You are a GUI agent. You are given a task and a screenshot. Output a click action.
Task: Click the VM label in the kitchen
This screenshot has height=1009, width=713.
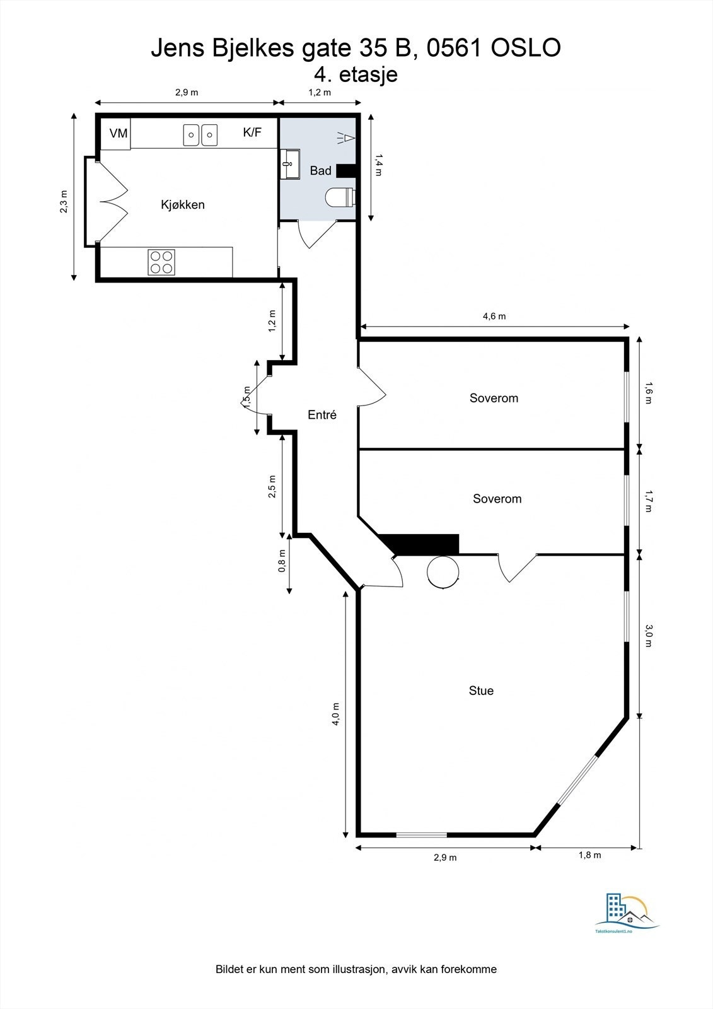(x=119, y=134)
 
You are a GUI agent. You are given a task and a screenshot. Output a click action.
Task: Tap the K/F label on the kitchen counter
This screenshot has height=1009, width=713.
(x=252, y=132)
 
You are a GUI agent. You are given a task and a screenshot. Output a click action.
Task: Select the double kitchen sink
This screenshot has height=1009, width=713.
(x=200, y=134)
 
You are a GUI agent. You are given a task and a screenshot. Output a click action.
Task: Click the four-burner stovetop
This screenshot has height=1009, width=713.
(x=161, y=262)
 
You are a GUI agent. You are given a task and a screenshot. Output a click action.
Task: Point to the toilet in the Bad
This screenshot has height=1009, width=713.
(x=340, y=198)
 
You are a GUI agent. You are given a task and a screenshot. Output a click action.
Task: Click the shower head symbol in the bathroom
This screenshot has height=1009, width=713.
(x=345, y=137)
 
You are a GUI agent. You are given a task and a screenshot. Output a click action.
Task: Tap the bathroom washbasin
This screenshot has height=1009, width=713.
(x=290, y=164)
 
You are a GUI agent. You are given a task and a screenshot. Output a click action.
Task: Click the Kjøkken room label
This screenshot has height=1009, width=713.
(x=183, y=205)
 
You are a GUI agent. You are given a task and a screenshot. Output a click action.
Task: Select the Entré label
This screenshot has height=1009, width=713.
(x=322, y=415)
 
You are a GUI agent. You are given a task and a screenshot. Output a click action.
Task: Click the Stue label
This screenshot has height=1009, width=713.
(x=481, y=691)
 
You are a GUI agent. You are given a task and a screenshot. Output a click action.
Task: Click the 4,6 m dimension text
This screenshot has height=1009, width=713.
(x=494, y=317)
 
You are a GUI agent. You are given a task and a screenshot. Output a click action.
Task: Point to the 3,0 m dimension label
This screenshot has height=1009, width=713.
(x=649, y=635)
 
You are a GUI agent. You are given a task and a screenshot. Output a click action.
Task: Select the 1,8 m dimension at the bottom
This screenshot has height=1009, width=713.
(x=589, y=856)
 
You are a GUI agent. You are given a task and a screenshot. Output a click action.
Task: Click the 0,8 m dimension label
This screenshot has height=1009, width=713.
(x=282, y=561)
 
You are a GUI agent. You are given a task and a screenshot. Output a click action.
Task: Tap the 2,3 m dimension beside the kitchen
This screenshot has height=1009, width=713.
(x=64, y=202)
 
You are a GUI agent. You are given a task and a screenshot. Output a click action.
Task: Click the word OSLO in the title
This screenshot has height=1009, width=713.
(x=525, y=48)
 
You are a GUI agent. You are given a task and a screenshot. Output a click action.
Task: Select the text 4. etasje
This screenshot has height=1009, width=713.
(x=356, y=74)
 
